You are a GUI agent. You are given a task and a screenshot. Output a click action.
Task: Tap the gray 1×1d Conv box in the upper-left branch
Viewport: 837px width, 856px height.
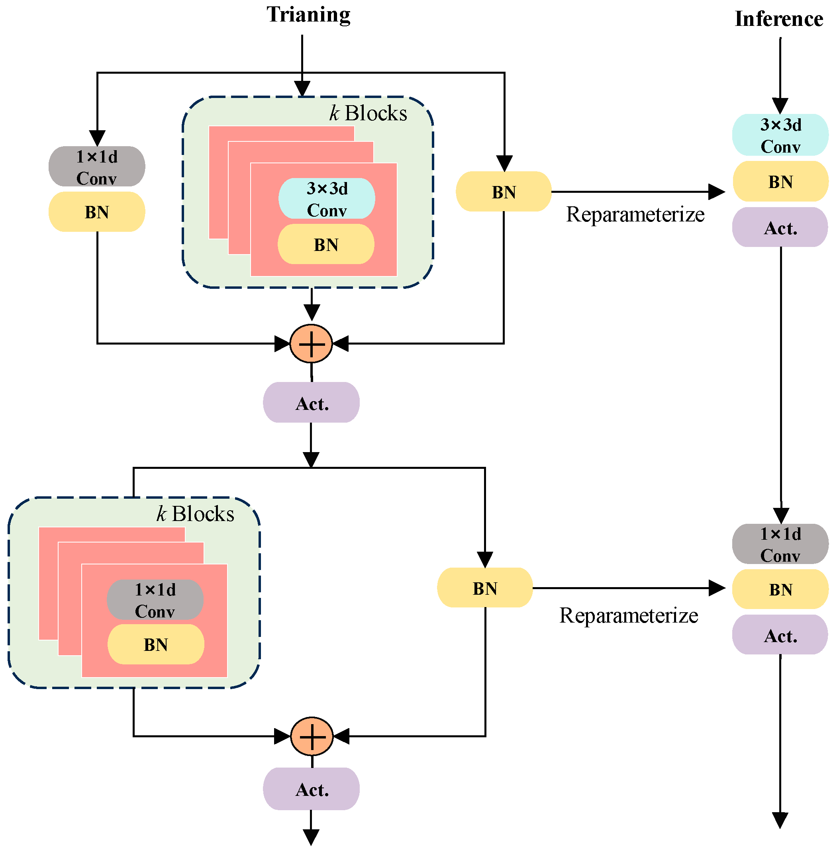pyautogui.click(x=97, y=166)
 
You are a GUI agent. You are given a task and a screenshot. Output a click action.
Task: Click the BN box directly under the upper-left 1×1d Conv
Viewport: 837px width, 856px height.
pyautogui.click(x=97, y=212)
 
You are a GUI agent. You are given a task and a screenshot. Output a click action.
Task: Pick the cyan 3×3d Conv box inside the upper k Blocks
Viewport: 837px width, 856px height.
pyautogui.click(x=327, y=199)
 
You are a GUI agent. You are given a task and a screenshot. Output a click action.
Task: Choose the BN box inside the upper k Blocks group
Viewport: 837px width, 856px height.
pyautogui.click(x=326, y=244)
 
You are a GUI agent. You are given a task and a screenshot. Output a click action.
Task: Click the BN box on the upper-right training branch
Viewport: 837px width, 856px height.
pyautogui.click(x=504, y=192)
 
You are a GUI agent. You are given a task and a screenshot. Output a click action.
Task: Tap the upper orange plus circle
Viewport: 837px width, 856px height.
pyautogui.click(x=311, y=344)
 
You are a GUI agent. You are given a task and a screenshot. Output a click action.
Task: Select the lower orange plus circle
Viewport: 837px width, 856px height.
pyautogui.click(x=312, y=737)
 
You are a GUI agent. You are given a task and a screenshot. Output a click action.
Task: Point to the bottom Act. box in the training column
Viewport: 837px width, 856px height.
pyautogui.click(x=311, y=789)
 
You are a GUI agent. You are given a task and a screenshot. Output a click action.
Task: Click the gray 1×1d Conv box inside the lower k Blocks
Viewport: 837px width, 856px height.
pyautogui.click(x=155, y=600)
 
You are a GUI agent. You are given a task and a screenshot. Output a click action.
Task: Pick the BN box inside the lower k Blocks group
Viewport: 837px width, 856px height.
pyautogui.click(x=156, y=644)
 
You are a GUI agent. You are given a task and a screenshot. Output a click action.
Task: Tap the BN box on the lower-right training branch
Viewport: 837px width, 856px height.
pyautogui.click(x=485, y=588)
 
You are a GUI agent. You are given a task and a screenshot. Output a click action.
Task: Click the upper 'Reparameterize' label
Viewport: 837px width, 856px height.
pyautogui.click(x=635, y=214)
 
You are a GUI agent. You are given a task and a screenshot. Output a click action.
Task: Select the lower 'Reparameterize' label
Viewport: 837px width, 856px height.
pyautogui.click(x=629, y=616)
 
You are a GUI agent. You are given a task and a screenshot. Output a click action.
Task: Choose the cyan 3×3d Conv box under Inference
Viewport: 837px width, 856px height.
pyautogui.click(x=780, y=135)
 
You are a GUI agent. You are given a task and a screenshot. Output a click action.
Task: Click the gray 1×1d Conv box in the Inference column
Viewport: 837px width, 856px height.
pyautogui.click(x=780, y=544)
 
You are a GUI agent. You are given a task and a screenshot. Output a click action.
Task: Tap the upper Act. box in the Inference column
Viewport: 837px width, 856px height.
pyautogui.click(x=780, y=227)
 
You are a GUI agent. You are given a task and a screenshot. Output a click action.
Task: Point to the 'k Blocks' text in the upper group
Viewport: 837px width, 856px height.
pyautogui.click(x=368, y=114)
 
